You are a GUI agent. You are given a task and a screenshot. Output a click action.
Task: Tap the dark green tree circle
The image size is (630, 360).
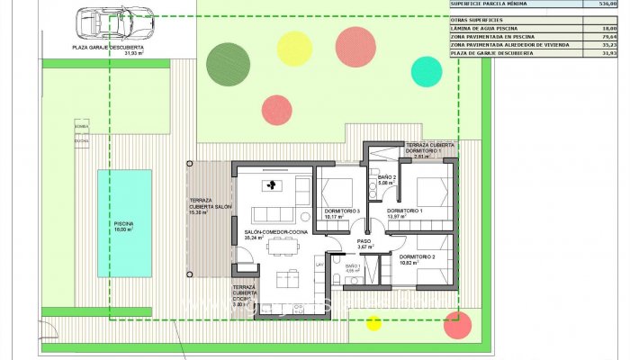pyautogui.click(x=227, y=62)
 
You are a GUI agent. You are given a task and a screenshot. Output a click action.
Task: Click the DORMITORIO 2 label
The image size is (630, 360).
pyautogui.click(x=417, y=257)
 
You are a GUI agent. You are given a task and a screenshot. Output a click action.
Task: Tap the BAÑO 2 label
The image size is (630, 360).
pyautogui.click(x=387, y=176)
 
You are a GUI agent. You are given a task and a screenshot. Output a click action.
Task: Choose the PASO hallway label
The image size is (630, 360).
pyautogui.click(x=364, y=241)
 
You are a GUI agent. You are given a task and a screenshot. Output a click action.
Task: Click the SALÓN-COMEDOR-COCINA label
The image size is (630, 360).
pyautogui.click(x=274, y=232)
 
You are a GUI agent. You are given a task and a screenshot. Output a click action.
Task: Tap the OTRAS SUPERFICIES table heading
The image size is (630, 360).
pyautogui.click(x=476, y=19)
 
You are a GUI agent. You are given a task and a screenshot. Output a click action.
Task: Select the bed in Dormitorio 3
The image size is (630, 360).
pyautogui.click(x=338, y=191)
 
